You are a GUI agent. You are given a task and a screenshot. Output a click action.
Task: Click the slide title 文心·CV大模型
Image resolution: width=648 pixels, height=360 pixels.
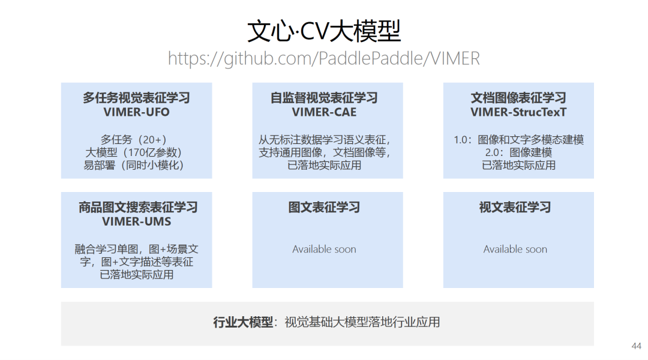click(x=324, y=31)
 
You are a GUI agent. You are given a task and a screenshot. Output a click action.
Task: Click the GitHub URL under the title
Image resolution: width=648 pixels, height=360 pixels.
click(x=324, y=59)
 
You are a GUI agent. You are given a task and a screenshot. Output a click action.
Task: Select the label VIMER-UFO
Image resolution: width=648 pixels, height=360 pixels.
click(x=136, y=112)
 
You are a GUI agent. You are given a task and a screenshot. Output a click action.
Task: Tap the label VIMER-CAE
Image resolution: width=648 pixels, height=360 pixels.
click(x=324, y=112)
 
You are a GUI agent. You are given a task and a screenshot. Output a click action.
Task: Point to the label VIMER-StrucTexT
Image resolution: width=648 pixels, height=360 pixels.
click(x=518, y=112)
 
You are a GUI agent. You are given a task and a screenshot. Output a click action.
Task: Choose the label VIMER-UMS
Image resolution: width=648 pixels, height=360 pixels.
click(x=137, y=221)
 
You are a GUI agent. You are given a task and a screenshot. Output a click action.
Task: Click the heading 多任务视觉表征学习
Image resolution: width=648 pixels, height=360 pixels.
click(x=136, y=98)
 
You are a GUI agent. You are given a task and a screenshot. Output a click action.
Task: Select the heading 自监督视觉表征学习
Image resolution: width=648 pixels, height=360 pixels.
click(x=324, y=98)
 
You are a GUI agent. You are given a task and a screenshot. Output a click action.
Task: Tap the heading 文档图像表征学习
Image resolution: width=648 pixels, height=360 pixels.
click(x=518, y=98)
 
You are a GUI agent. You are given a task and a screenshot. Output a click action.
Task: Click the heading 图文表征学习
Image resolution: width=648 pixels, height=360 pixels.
click(x=324, y=208)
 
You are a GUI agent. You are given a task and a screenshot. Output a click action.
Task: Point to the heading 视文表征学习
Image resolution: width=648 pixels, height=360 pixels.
click(x=515, y=208)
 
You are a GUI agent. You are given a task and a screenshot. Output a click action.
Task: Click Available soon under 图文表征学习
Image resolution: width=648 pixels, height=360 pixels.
click(x=324, y=249)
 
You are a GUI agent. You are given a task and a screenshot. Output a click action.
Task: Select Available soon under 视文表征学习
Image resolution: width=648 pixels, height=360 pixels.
click(x=515, y=249)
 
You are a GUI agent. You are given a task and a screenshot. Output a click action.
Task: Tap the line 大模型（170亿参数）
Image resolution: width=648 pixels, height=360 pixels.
click(x=133, y=152)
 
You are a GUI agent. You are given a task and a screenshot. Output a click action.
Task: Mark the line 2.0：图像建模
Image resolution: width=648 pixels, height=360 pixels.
click(x=518, y=152)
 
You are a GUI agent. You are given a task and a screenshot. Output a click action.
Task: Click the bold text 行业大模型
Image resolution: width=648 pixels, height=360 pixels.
click(x=242, y=322)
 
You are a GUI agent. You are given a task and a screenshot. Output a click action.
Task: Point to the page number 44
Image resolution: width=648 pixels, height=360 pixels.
click(x=637, y=346)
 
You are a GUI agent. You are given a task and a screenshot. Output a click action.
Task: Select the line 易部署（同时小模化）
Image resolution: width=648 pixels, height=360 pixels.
click(x=133, y=165)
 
